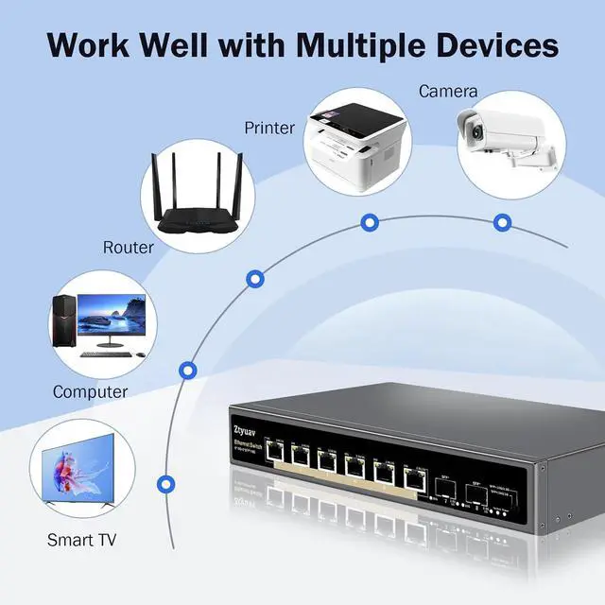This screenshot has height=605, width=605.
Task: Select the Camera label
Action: (x=448, y=92)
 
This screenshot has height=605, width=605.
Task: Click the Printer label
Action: (x=269, y=128)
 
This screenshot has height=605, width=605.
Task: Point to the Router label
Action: (x=128, y=248)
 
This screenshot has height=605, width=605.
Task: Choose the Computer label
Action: (x=90, y=391)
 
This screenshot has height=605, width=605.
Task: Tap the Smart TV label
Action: (x=83, y=540)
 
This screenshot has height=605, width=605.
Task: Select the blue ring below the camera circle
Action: (x=502, y=221)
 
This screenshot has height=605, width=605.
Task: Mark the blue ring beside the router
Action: (x=254, y=278)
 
